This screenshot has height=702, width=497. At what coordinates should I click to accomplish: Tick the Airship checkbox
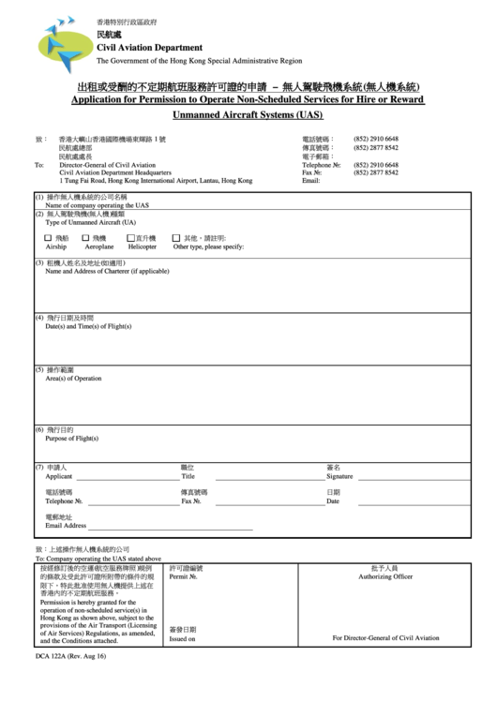49,239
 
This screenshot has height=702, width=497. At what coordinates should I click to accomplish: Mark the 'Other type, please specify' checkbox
176,239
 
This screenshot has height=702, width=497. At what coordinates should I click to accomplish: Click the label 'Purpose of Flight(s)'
72,438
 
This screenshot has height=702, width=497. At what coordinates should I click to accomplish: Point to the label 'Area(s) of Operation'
73,379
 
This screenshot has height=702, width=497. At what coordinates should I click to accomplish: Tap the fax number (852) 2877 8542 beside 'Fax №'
375,172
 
